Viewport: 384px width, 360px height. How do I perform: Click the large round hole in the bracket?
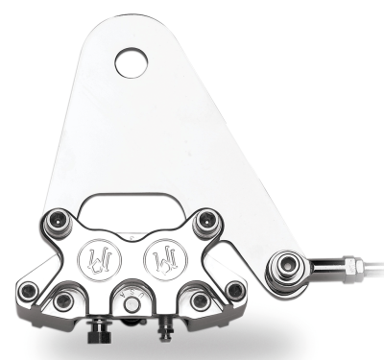132,64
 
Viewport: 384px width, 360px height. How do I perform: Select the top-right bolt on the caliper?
204,224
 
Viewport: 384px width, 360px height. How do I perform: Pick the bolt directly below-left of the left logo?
63,301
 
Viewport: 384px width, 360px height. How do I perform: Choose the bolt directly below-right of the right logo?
199,301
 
